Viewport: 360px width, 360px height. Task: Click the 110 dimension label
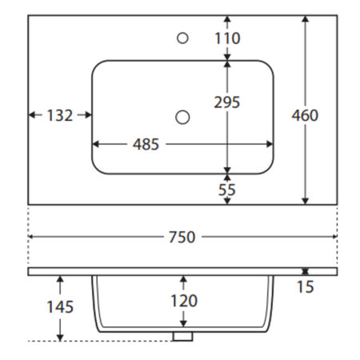click(x=227, y=38)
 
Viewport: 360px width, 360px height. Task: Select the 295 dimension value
click(x=227, y=102)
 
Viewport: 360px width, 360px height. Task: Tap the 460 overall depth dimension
click(x=305, y=115)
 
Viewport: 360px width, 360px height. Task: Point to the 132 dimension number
click(x=60, y=115)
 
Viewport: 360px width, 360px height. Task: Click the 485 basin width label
click(x=146, y=144)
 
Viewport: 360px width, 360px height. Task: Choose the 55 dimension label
click(x=227, y=190)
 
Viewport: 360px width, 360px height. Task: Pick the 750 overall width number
click(x=182, y=237)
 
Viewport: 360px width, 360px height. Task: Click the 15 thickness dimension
click(x=306, y=287)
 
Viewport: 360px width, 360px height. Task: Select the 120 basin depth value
click(x=184, y=301)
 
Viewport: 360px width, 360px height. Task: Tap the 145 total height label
click(x=60, y=306)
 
